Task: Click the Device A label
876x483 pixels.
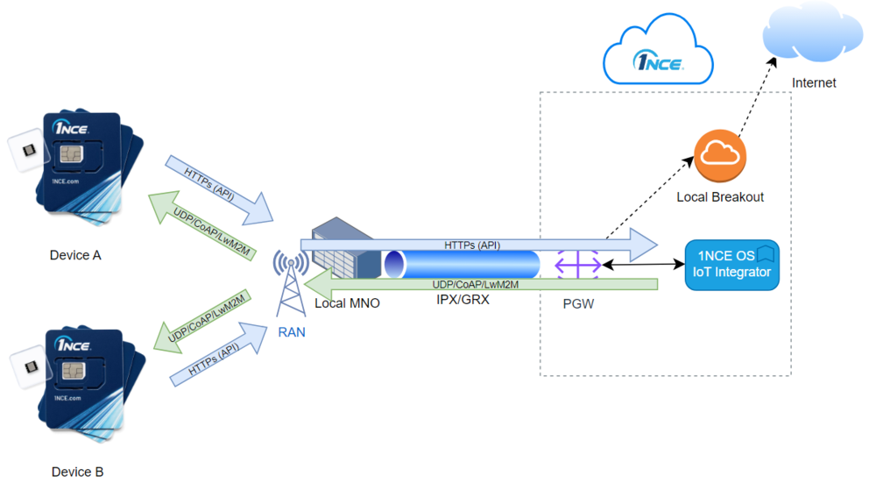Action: (x=75, y=255)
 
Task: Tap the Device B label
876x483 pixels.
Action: (x=77, y=472)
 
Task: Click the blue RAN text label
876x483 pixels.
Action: (x=291, y=332)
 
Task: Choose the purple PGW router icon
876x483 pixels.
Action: (x=578, y=263)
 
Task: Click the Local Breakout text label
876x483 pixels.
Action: (x=720, y=197)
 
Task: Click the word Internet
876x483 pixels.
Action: (x=814, y=83)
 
